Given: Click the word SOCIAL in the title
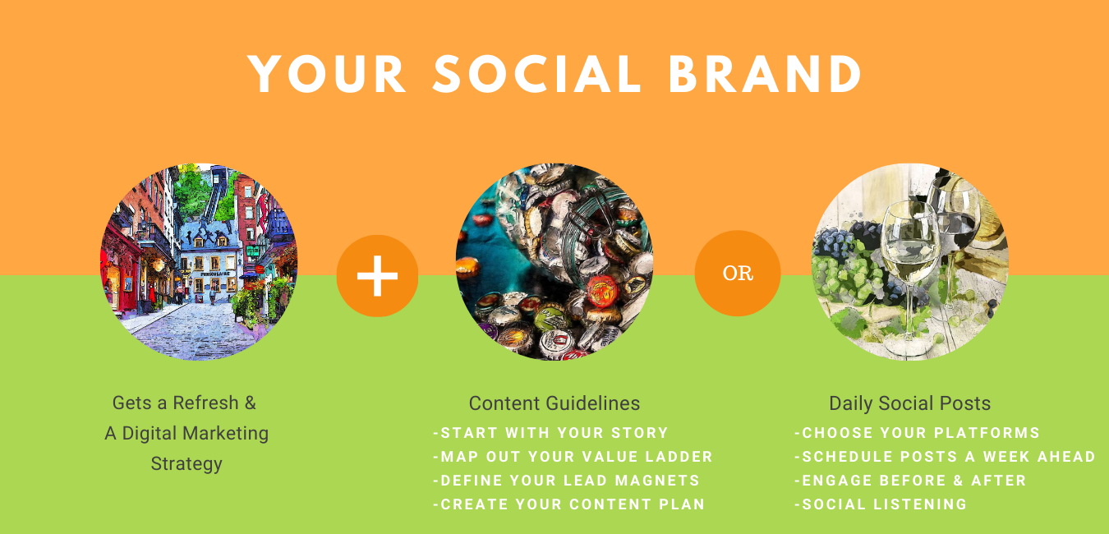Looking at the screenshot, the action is pyautogui.click(x=536, y=74).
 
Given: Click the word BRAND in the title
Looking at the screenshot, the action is pyautogui.click(x=766, y=74).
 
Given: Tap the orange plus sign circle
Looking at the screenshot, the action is pyautogui.click(x=377, y=276).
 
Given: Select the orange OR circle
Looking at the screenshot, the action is pyautogui.click(x=738, y=274).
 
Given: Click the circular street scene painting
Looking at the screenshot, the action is pyautogui.click(x=199, y=262).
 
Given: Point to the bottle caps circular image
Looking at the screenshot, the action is pyautogui.click(x=554, y=262).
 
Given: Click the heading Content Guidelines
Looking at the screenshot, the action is pyautogui.click(x=554, y=403).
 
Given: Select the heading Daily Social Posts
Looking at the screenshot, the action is pyautogui.click(x=910, y=403).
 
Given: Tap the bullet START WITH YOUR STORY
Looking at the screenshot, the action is pyautogui.click(x=550, y=433).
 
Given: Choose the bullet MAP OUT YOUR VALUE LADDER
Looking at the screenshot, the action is pyautogui.click(x=573, y=457).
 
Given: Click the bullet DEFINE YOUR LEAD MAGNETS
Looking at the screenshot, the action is pyautogui.click(x=566, y=481).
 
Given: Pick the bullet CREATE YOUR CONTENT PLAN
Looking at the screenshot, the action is pyautogui.click(x=568, y=504).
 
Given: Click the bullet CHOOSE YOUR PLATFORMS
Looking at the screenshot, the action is pyautogui.click(x=917, y=433).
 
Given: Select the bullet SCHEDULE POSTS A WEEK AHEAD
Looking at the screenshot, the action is pyautogui.click(x=946, y=457).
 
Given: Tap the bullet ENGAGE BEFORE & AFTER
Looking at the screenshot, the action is pyautogui.click(x=910, y=481).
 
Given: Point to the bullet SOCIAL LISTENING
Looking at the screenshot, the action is pyautogui.click(x=881, y=504).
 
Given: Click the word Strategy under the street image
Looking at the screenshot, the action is pyautogui.click(x=186, y=464).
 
